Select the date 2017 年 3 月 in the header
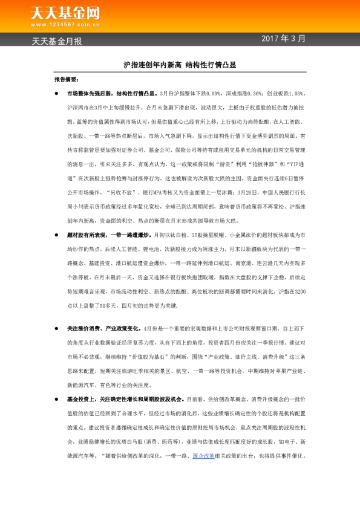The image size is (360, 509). [x=284, y=39]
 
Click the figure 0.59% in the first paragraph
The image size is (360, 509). [x=214, y=94]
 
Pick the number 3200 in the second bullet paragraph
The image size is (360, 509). [x=298, y=292]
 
